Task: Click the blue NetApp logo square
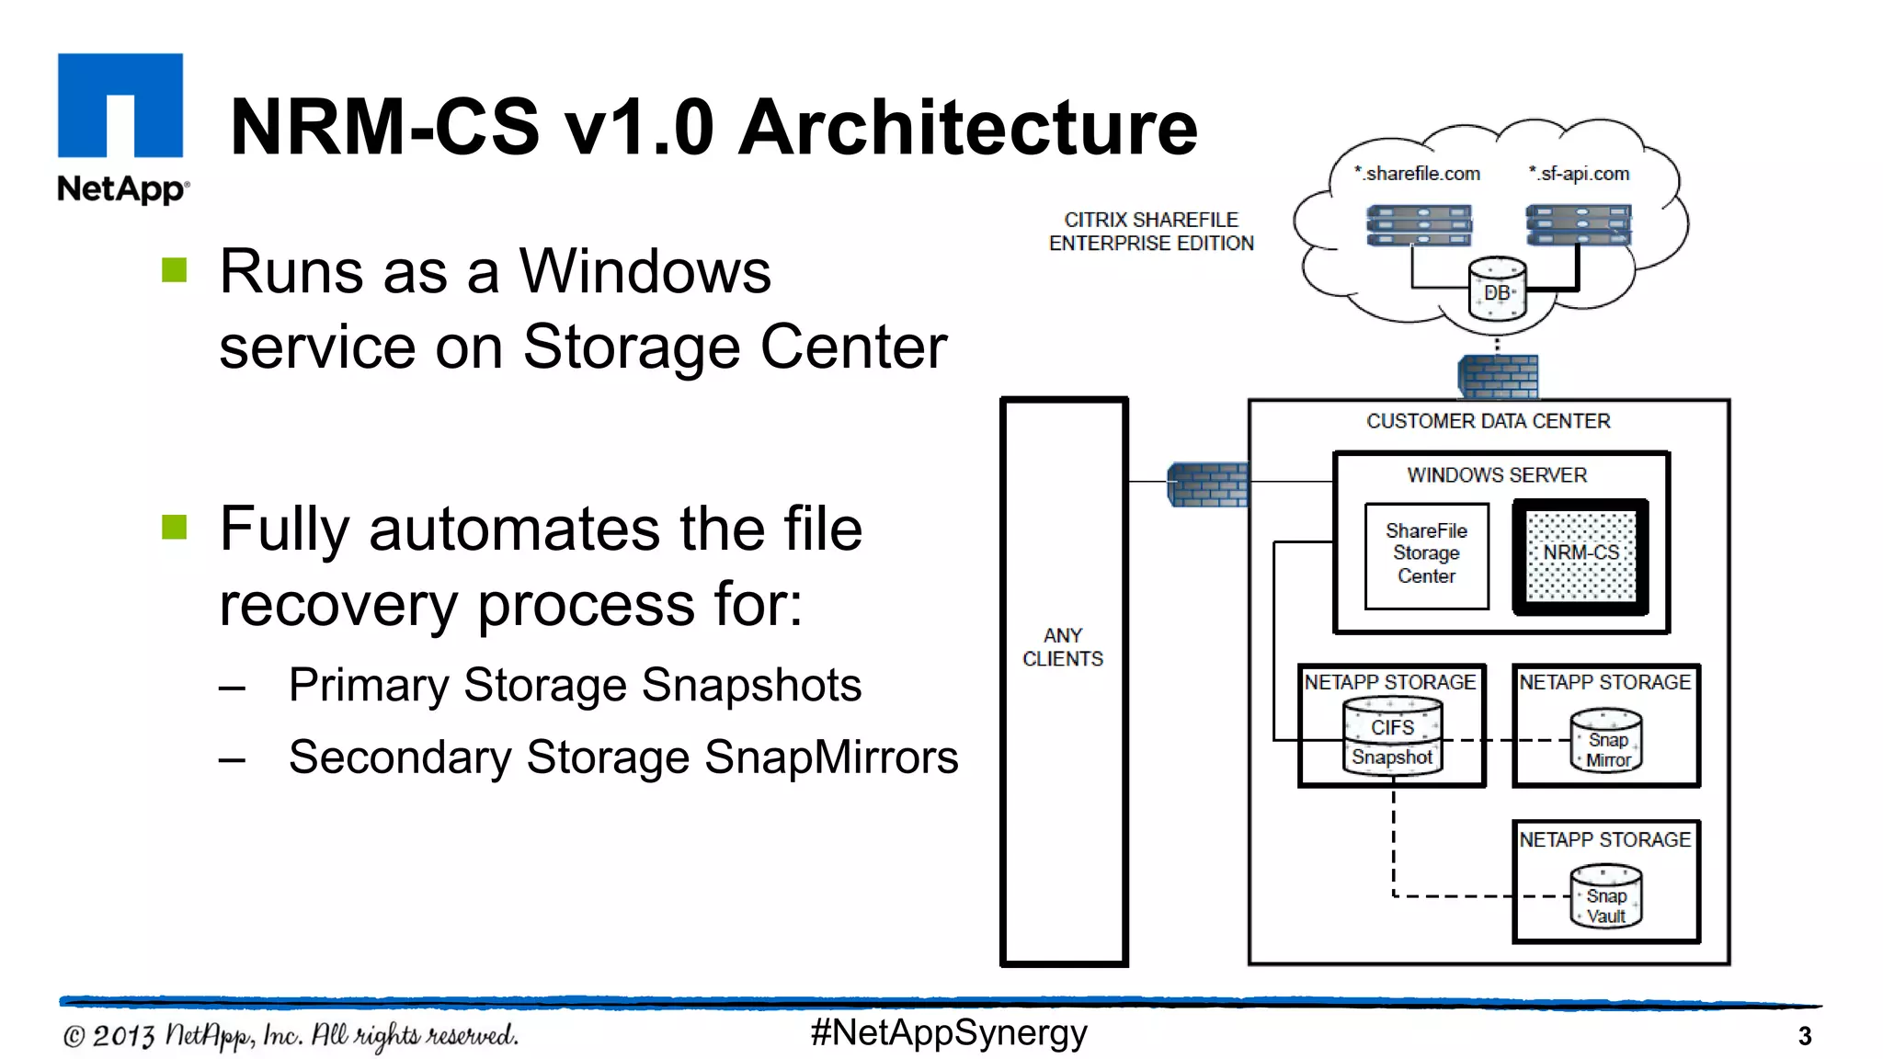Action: [x=120, y=105]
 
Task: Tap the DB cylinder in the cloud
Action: [x=1496, y=290]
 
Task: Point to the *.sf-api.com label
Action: [x=1579, y=174]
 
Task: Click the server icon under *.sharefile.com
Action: [x=1419, y=226]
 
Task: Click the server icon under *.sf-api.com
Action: [x=1578, y=226]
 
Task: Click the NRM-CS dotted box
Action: [x=1581, y=556]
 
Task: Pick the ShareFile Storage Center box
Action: [x=1426, y=554]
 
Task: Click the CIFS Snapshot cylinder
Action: [x=1392, y=738]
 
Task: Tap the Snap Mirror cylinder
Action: [x=1606, y=741]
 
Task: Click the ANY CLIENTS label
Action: [x=1063, y=647]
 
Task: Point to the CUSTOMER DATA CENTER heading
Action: [x=1488, y=421]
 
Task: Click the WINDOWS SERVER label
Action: [x=1497, y=475]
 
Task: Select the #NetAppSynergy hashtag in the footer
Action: [x=948, y=1033]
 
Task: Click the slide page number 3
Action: [x=1804, y=1037]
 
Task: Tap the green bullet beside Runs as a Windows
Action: [x=175, y=270]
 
